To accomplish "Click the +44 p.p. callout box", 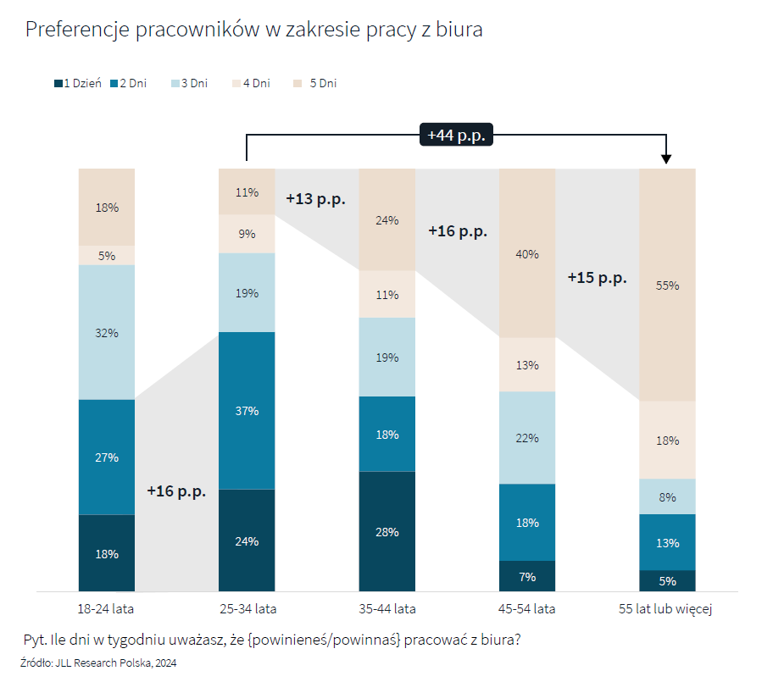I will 456,135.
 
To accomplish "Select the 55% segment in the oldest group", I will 667,285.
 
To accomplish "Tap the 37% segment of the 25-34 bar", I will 247,410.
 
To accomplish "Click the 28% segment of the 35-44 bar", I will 387,531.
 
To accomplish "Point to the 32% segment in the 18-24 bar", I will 107,332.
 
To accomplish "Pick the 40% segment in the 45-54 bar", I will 527,253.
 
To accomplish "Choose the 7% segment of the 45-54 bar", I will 527,576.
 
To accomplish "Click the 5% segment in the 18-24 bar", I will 107,255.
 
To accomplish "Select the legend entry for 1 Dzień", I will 78,83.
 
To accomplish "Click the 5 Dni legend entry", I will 315,83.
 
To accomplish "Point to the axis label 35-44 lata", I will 387,608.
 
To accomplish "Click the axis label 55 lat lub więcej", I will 667,608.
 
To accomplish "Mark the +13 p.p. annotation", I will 316,199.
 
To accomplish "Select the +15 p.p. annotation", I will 598,277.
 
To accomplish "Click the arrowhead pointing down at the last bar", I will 667,158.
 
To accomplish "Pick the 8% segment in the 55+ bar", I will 667,496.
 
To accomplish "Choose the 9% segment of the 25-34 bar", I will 247,234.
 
